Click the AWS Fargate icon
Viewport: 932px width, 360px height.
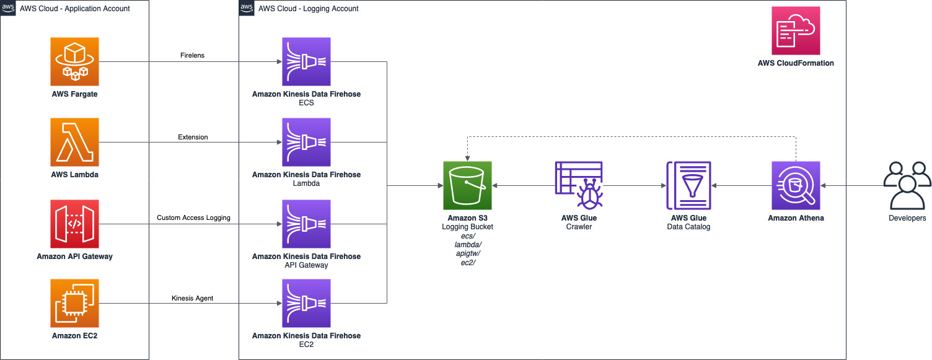click(74, 61)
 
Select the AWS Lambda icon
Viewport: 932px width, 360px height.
click(74, 143)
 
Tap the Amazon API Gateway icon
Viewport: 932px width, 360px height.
click(74, 224)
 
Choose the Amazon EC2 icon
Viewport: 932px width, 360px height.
click(74, 304)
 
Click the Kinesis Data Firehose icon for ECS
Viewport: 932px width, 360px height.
click(306, 61)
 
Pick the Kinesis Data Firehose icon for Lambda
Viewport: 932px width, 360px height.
click(306, 143)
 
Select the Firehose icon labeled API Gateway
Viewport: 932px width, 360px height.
click(306, 224)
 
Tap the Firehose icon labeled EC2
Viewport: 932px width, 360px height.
click(306, 304)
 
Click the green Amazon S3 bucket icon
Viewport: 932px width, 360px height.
click(467, 186)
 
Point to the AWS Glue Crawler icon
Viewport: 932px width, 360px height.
click(579, 186)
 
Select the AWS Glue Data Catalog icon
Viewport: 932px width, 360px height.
click(688, 186)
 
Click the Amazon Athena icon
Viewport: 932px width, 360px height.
click(796, 186)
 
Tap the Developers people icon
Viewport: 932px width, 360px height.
click(907, 186)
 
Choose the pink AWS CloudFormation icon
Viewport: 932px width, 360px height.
click(796, 30)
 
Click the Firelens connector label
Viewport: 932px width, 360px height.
click(192, 55)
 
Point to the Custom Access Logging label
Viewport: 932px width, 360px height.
click(193, 217)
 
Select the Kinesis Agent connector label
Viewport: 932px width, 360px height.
click(192, 298)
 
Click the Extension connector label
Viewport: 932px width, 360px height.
click(193, 137)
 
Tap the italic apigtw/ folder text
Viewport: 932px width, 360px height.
click(468, 253)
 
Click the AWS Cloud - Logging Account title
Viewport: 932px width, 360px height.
click(309, 8)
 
